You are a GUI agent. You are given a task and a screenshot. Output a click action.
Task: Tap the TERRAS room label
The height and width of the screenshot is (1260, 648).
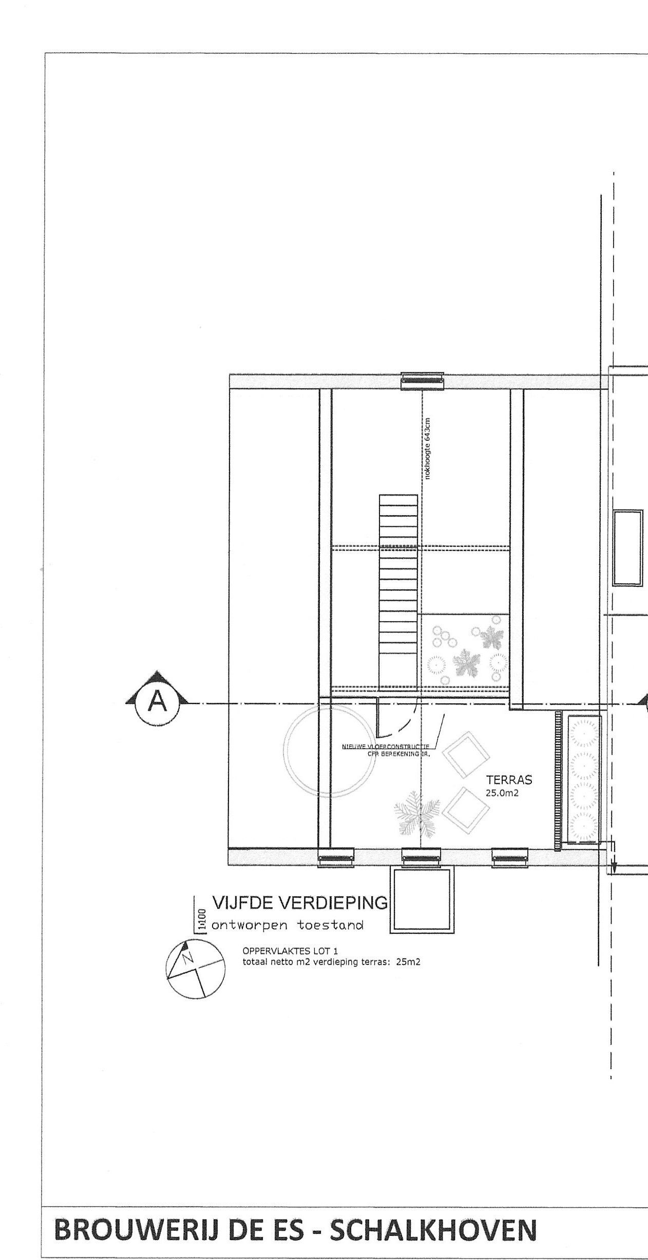click(509, 780)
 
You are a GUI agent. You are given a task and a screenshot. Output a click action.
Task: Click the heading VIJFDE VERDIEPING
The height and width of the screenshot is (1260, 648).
click(299, 902)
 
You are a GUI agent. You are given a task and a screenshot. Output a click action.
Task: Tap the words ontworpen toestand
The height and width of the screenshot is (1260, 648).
click(288, 925)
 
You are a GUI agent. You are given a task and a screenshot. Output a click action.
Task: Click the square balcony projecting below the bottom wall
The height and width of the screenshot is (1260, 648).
click(423, 901)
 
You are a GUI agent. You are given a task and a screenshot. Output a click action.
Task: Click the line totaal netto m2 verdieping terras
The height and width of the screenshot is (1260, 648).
click(331, 962)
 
